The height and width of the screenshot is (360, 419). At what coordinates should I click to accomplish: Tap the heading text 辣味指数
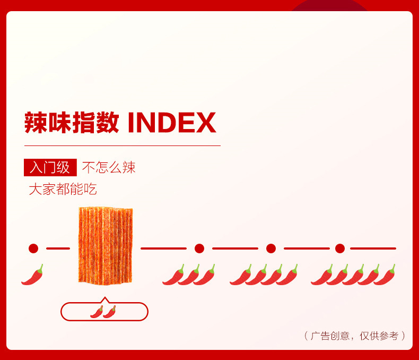pyautogui.click(x=71, y=123)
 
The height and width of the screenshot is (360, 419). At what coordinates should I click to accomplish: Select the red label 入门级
pyautogui.click(x=50, y=167)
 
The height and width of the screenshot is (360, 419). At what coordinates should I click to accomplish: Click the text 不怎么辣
pyautogui.click(x=109, y=167)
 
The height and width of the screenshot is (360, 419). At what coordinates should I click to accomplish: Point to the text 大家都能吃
pyautogui.click(x=63, y=189)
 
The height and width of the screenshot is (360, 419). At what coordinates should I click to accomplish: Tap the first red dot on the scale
pyautogui.click(x=33, y=248)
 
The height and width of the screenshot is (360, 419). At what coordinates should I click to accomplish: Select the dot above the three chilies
pyautogui.click(x=199, y=248)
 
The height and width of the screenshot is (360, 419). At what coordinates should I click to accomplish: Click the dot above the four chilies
pyautogui.click(x=271, y=248)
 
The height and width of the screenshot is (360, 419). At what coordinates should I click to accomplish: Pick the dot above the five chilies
pyautogui.click(x=340, y=248)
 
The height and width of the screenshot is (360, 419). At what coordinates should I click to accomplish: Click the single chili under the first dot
pyautogui.click(x=32, y=275)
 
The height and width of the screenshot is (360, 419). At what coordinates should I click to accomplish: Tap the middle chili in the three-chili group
pyautogui.click(x=189, y=275)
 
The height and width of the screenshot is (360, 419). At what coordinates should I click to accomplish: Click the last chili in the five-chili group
pyautogui.click(x=385, y=275)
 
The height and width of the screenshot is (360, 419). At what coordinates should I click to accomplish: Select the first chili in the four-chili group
pyautogui.click(x=240, y=275)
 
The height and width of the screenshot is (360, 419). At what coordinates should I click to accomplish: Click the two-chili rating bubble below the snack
pyautogui.click(x=104, y=312)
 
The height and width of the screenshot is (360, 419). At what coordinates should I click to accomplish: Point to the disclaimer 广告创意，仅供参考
pyautogui.click(x=355, y=336)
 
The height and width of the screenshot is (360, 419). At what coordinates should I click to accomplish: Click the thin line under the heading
pyautogui.click(x=122, y=145)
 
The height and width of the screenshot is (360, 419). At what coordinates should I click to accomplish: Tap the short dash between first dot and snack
pyautogui.click(x=58, y=248)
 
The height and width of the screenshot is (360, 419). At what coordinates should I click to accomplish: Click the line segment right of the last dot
pyautogui.click(x=373, y=248)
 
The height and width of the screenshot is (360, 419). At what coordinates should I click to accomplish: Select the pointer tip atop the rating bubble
pyautogui.click(x=104, y=298)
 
